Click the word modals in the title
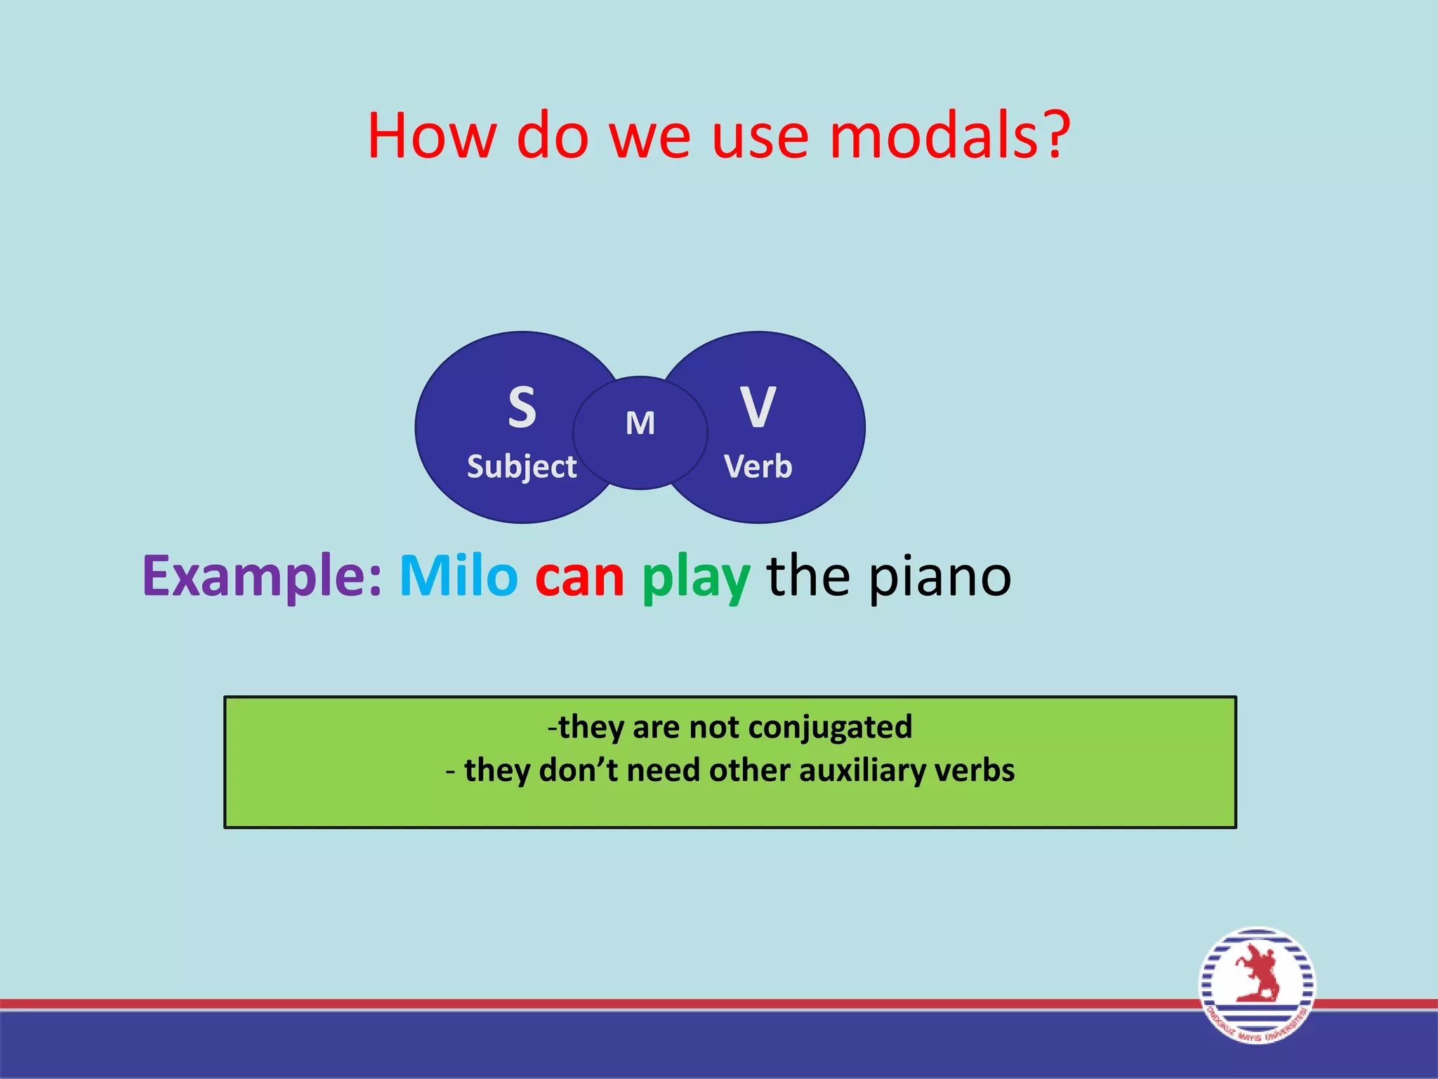pyautogui.click(x=934, y=135)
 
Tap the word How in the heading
pyautogui.click(x=431, y=135)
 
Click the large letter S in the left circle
pyautogui.click(x=522, y=407)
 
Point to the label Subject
pyautogui.click(x=522, y=467)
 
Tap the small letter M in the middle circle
pyautogui.click(x=640, y=424)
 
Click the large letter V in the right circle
pyautogui.click(x=758, y=407)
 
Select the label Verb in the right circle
pyautogui.click(x=758, y=467)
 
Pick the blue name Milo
pyautogui.click(x=459, y=576)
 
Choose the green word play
pyautogui.click(x=695, y=579)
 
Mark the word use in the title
pyautogui.click(x=760, y=136)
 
